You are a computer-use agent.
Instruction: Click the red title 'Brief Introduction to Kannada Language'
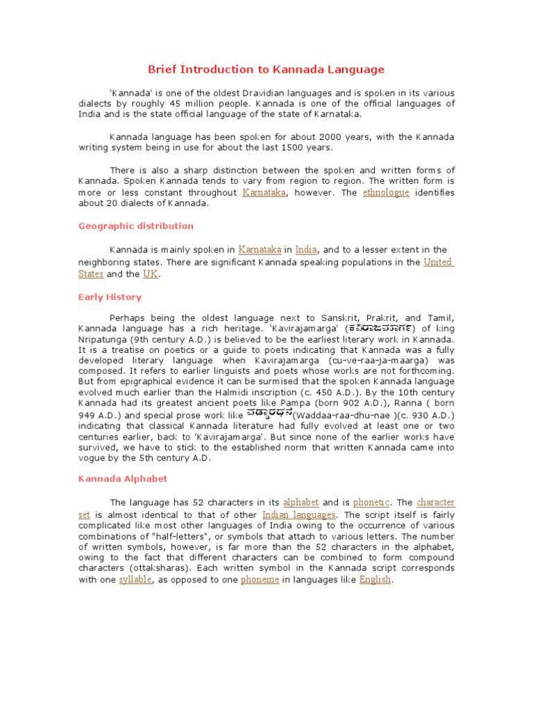266,69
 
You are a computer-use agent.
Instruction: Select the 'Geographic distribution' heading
136,226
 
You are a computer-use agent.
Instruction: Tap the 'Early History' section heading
110,297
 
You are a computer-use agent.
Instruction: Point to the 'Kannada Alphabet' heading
122,478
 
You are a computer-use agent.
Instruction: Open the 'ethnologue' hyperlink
386,193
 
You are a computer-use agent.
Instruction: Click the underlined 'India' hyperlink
306,250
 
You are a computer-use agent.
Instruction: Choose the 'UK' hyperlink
151,274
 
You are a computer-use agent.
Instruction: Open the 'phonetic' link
371,502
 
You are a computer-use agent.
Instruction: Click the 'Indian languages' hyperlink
299,515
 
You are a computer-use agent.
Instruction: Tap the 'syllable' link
135,580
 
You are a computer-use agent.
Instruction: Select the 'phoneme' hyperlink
260,580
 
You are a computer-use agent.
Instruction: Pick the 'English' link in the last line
375,580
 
